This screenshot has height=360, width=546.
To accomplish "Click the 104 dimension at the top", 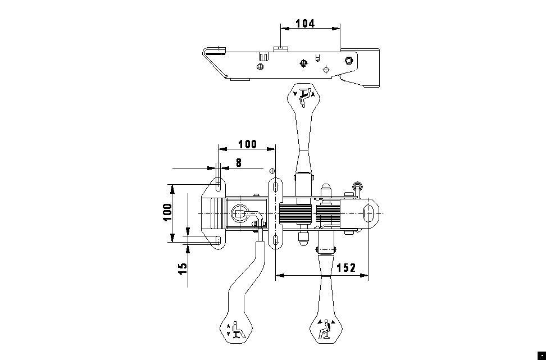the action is (x=305, y=24).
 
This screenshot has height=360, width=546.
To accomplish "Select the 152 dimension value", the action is (x=347, y=268).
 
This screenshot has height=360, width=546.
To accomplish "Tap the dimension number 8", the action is (x=239, y=163).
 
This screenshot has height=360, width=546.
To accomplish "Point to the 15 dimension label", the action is (x=183, y=268).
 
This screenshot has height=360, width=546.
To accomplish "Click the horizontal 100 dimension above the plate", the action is (x=248, y=144).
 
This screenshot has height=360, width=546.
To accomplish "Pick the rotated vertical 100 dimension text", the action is (x=167, y=212).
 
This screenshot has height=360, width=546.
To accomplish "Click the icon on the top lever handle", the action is (x=304, y=96).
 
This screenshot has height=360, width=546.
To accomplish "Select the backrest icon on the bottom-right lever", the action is (x=326, y=329).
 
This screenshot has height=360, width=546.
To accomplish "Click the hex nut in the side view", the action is (x=349, y=60).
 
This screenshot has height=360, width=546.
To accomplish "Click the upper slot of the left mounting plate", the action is (x=219, y=185).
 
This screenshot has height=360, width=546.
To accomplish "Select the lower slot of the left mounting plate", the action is (x=219, y=240).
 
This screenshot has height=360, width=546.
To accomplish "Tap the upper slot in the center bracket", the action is (x=275, y=187).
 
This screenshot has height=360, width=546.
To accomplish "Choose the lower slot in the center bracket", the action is (x=275, y=240).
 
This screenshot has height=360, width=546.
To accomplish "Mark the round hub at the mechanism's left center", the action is (x=240, y=213).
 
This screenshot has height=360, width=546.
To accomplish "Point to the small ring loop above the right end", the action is (x=357, y=185).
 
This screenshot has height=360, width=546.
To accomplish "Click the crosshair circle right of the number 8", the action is (x=272, y=171).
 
